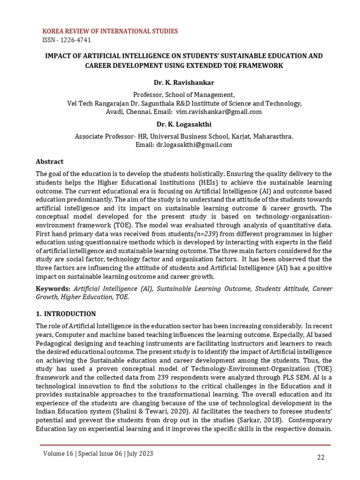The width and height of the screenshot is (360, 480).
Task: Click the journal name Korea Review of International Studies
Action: (110, 31)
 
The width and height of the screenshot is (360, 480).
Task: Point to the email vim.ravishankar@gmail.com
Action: (219, 112)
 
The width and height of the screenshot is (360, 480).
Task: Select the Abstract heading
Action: (50, 162)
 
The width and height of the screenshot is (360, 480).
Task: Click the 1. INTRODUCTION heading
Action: (66, 314)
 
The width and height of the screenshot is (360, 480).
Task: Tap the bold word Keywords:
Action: (53, 289)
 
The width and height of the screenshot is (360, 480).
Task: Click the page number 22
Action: (321, 458)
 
